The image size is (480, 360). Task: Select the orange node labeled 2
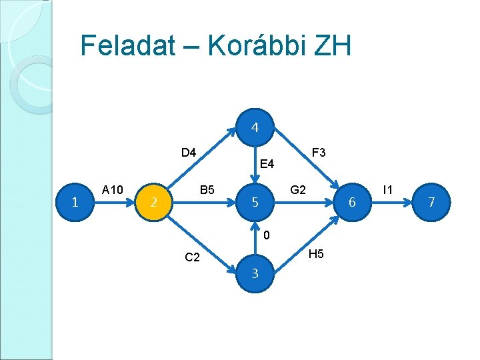153,202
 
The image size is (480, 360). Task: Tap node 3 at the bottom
255,273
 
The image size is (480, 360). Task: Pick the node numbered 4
255,127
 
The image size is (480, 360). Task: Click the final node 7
431,202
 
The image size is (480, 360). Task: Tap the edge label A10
113,190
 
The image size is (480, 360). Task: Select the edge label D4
189,153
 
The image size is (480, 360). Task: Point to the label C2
192,257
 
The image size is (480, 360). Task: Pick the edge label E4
267,163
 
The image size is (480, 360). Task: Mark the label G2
298,190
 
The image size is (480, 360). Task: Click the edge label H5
317,253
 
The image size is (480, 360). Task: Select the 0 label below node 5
266,235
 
